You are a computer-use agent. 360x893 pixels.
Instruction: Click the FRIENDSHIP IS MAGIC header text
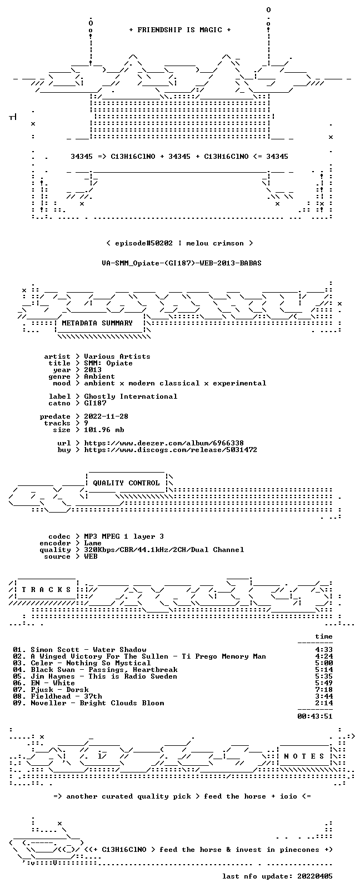(x=180, y=30)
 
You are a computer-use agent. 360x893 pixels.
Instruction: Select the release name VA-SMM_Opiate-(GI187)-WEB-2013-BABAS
(x=182, y=263)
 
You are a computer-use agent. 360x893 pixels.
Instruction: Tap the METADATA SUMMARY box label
(x=97, y=323)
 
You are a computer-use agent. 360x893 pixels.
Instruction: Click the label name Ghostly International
(x=131, y=397)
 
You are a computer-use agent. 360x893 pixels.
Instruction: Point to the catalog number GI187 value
(x=96, y=403)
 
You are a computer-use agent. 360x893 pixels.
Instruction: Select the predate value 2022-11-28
(x=106, y=417)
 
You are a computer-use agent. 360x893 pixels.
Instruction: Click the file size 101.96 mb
(x=104, y=430)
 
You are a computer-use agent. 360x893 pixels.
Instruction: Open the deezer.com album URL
(x=164, y=443)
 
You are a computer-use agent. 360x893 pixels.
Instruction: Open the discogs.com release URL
(x=171, y=450)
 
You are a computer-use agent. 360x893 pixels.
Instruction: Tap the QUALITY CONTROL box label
(x=126, y=483)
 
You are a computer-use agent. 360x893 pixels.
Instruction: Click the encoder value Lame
(x=93, y=543)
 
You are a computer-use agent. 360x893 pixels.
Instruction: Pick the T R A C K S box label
(x=46, y=590)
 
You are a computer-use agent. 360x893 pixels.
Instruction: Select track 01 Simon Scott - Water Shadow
(x=80, y=650)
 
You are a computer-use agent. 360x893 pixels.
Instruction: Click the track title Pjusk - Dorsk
(x=60, y=690)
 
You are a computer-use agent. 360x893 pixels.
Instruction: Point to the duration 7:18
(x=324, y=690)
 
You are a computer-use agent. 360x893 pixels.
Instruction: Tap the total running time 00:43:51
(x=315, y=716)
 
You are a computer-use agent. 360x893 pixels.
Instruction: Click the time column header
(x=324, y=636)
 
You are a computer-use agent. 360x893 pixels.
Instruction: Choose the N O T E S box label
(x=304, y=756)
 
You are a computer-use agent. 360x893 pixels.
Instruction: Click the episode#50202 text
(x=144, y=243)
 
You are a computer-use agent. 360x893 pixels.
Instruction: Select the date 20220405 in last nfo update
(x=315, y=876)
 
